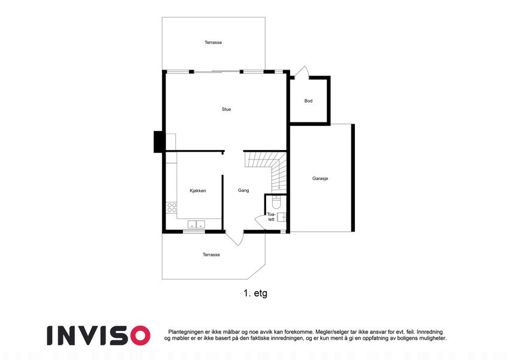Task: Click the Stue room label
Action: tap(226, 109)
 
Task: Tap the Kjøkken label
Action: tap(198, 191)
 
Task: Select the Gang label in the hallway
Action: tap(243, 190)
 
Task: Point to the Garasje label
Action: tap(320, 178)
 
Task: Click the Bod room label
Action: tap(308, 101)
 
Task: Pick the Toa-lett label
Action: tap(271, 217)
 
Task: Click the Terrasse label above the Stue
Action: tap(213, 42)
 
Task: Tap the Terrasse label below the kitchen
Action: tap(211, 255)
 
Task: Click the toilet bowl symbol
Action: tap(276, 202)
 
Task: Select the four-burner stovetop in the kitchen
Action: tap(171, 208)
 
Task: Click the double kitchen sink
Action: tap(197, 224)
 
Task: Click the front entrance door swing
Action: tap(235, 239)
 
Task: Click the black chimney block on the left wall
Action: tap(158, 142)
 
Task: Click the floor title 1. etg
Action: tap(255, 293)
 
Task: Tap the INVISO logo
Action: tap(98, 335)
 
